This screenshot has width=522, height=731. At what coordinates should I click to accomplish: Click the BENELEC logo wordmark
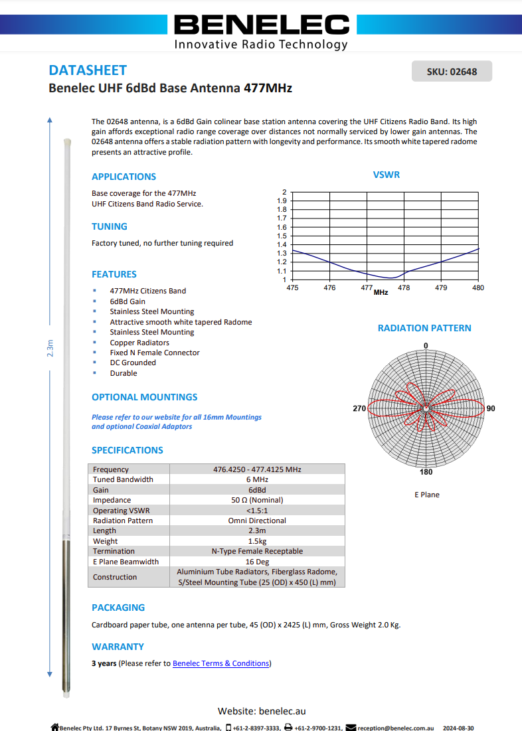tap(261, 25)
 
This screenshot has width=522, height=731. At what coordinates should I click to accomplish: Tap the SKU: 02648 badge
tap(452, 72)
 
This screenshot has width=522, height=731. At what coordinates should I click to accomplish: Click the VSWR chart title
tap(386, 175)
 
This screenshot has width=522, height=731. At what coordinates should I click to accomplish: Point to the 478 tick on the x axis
tap(404, 287)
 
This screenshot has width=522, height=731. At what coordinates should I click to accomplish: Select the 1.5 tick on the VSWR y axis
tap(282, 236)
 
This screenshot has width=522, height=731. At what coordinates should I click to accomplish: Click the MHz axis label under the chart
tap(381, 292)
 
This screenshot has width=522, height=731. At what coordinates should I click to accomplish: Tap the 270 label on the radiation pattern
tap(359, 408)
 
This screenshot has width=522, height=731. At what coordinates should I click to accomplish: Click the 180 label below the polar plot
tap(426, 472)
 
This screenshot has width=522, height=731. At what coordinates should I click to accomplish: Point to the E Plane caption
tap(426, 495)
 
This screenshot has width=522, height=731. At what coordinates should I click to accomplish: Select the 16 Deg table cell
tap(257, 562)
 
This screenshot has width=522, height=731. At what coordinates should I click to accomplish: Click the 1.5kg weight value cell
tap(257, 541)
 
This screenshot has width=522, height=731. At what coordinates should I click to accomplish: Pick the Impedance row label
tap(112, 500)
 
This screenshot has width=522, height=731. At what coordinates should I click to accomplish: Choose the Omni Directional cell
tap(257, 521)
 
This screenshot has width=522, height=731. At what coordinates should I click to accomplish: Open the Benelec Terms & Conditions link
tap(220, 663)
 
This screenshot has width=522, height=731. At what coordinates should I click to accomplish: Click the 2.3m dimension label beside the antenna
tap(50, 348)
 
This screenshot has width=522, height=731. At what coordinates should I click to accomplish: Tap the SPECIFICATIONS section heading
tap(127, 450)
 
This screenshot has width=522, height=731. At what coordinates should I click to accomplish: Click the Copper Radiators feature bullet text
tap(139, 343)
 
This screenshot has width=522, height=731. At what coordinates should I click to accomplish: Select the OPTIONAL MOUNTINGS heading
tap(144, 397)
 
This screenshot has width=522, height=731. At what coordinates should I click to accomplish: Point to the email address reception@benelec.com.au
tap(395, 728)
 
